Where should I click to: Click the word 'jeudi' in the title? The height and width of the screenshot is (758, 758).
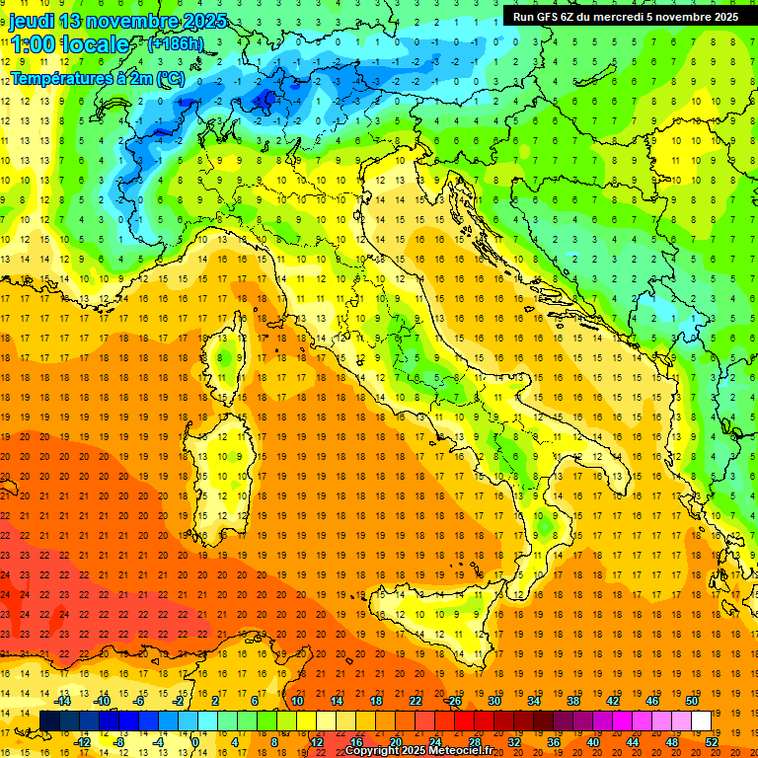[33, 21]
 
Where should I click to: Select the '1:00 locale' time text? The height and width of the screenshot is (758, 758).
[69, 44]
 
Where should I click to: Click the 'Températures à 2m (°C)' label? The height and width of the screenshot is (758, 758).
[97, 77]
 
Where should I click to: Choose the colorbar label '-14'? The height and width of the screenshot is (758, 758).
[63, 701]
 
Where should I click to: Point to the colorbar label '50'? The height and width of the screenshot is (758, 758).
[692, 701]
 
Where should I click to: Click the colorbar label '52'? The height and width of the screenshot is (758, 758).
[711, 742]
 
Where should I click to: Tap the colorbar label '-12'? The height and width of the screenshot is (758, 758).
[83, 742]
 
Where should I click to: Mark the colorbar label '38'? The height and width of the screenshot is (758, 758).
[572, 701]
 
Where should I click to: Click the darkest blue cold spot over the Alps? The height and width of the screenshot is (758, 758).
[265, 99]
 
